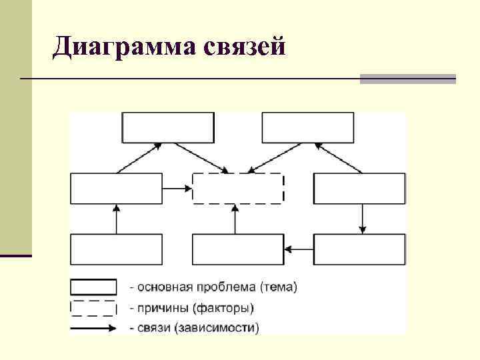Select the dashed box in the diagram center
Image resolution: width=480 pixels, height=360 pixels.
click(x=238, y=188)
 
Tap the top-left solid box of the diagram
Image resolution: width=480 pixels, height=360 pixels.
click(x=168, y=127)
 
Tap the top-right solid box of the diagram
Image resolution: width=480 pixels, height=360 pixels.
click(x=308, y=127)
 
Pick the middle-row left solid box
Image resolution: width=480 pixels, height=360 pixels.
click(x=116, y=188)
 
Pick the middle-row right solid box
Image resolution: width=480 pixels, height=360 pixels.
click(x=359, y=188)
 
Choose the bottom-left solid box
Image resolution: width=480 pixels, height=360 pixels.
click(x=116, y=249)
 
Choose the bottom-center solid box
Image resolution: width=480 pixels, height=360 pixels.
click(x=238, y=249)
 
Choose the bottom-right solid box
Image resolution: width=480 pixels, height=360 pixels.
click(x=359, y=249)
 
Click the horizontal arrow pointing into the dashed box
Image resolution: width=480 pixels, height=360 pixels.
click(x=177, y=189)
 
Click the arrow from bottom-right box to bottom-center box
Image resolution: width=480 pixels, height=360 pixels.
click(x=299, y=249)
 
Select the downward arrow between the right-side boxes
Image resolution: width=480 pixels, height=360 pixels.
click(x=362, y=219)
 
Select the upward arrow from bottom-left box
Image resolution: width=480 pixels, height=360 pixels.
click(x=116, y=219)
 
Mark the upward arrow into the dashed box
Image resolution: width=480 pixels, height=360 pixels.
click(x=235, y=219)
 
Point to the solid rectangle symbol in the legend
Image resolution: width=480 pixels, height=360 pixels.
click(x=94, y=287)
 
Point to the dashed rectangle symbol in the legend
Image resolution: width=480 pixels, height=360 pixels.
click(x=94, y=308)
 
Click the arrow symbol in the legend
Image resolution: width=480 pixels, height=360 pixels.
click(x=94, y=327)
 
